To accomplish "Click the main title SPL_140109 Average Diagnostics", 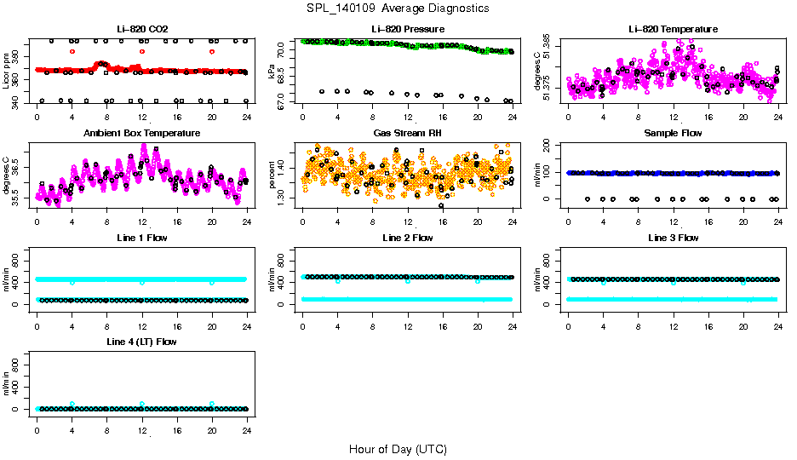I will pyautogui.click(x=398, y=8).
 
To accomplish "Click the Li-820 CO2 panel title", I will pyautogui.click(x=141, y=29).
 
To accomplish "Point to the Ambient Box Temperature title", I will pyautogui.click(x=141, y=134).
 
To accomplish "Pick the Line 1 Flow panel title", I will pyautogui.click(x=141, y=238).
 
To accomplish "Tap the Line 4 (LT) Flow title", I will pyautogui.click(x=141, y=342).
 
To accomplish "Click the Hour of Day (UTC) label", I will pyautogui.click(x=398, y=449).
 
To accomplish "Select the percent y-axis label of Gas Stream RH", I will pyautogui.click(x=272, y=175).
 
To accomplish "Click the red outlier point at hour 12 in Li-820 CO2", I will pyautogui.click(x=141, y=51).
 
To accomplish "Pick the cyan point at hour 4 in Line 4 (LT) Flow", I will pyautogui.click(x=72, y=404).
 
